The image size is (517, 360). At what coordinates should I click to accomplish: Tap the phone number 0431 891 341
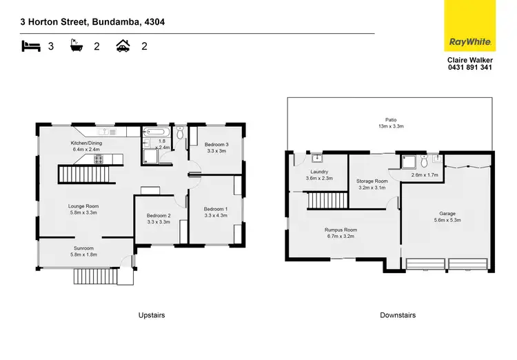[470, 68]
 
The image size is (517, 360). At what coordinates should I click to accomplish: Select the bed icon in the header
[31, 47]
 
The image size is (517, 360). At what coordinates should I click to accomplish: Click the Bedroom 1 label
[215, 208]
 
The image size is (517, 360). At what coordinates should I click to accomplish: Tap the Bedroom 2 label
[159, 215]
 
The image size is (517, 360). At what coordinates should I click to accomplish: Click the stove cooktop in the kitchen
[99, 159]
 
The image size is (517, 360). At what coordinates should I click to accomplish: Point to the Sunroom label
[83, 248]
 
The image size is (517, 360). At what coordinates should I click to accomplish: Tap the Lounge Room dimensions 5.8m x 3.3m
[83, 212]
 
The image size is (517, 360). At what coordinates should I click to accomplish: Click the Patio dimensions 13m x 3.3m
[391, 126]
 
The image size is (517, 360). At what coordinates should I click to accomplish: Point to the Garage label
[447, 214]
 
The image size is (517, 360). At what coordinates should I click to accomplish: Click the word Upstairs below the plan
[151, 315]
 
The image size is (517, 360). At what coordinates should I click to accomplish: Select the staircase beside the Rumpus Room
[320, 201]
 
